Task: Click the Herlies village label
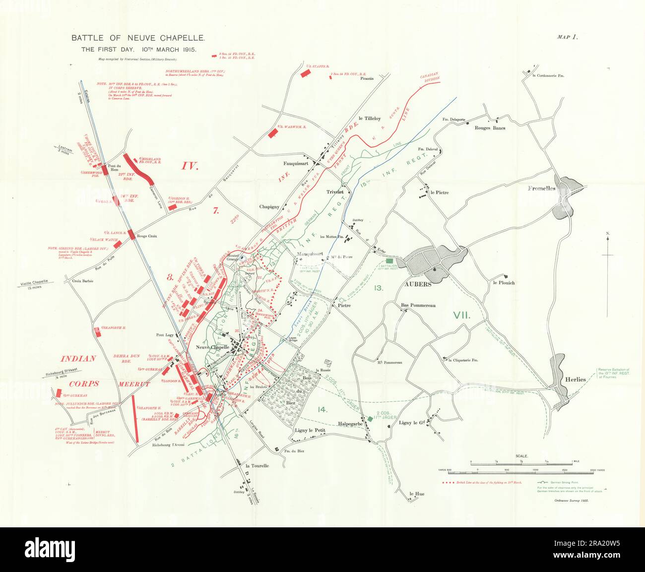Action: coord(576,380)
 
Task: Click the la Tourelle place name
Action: coord(257,466)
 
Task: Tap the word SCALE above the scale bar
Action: coord(521,455)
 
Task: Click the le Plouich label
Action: coord(504,283)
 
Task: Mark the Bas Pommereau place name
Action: coord(418,306)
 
